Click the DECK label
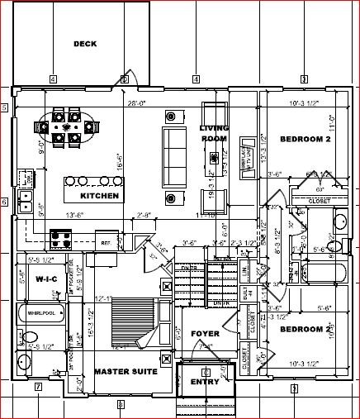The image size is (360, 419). click(85, 44)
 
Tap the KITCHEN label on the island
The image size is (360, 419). click(100, 196)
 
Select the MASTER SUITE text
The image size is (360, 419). click(126, 373)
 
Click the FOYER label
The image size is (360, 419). click(206, 334)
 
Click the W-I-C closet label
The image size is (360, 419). click(45, 279)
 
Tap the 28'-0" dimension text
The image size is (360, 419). click(137, 104)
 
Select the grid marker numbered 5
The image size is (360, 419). click(4, 107)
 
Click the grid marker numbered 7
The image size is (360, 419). click(38, 387)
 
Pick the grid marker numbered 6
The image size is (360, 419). click(4, 202)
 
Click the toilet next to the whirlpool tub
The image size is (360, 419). click(29, 336)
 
